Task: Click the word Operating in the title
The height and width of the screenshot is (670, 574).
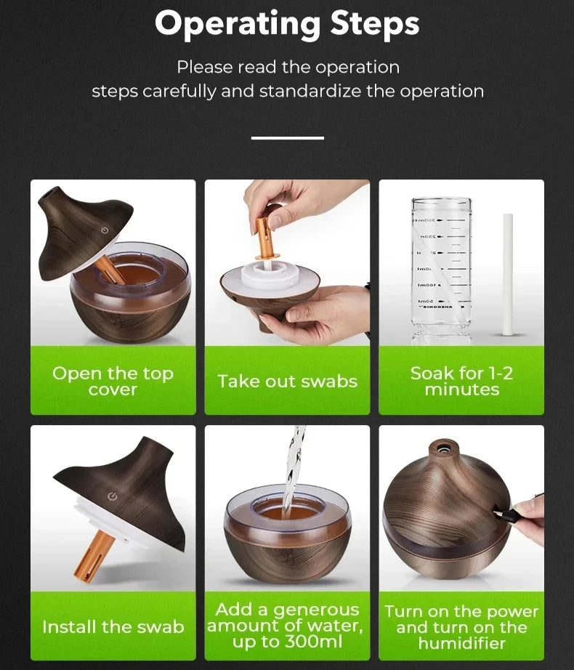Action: [x=238, y=25]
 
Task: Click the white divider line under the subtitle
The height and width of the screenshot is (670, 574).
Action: [x=288, y=137]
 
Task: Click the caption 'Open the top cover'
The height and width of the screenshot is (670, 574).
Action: [x=113, y=382]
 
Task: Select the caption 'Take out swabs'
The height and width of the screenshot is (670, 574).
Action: [x=288, y=382]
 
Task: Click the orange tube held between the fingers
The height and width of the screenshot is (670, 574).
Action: [x=264, y=239]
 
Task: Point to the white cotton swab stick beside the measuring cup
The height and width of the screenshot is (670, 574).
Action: [x=507, y=275]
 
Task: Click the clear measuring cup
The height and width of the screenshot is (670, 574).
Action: [x=442, y=270]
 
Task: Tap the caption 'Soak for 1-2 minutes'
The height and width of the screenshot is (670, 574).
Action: [x=461, y=382]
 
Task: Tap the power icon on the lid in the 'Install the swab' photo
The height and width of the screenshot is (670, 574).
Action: [x=113, y=496]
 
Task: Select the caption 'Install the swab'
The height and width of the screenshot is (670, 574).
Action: [x=113, y=627]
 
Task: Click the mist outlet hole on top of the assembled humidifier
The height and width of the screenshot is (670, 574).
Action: [x=442, y=448]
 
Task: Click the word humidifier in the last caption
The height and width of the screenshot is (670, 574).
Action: [x=461, y=643]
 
